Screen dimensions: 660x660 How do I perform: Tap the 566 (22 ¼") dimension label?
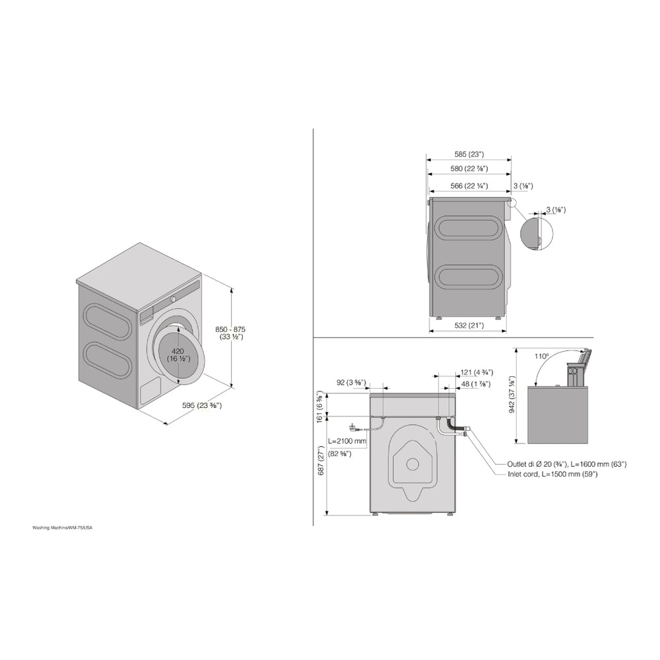tap(469, 186)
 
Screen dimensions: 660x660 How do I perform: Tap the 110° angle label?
tap(542, 356)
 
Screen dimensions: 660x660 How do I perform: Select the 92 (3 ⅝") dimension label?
tap(351, 381)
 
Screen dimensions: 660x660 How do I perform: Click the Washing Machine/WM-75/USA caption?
tap(67, 528)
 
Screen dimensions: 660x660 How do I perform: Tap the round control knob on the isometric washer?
tap(174, 298)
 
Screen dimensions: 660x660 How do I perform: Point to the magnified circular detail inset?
tap(535, 234)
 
